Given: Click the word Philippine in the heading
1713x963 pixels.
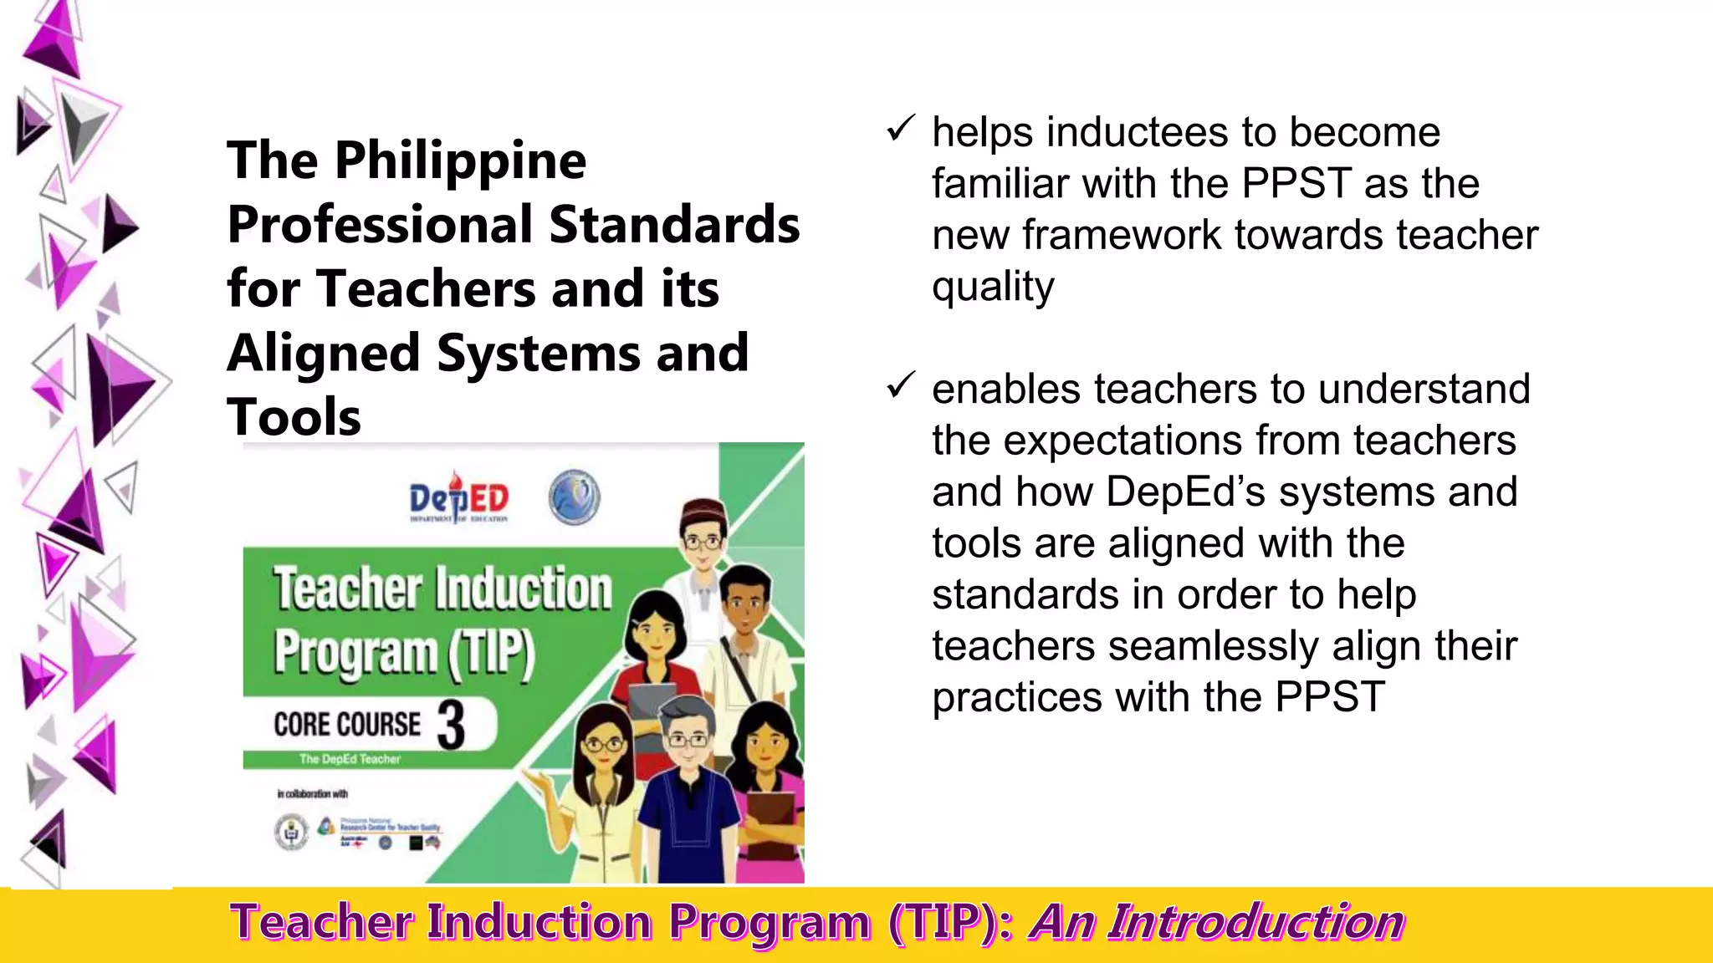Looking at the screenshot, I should (x=460, y=160).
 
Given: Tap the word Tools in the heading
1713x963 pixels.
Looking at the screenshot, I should (x=294, y=417).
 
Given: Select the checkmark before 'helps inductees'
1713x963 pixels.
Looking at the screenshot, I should (x=901, y=129).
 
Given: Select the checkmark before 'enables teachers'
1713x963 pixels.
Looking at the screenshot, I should (x=901, y=385).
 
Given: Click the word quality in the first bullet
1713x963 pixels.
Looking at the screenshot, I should (x=993, y=288).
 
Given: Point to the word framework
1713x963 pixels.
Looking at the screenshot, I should (x=1120, y=235).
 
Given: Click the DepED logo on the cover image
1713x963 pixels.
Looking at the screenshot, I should (x=458, y=500).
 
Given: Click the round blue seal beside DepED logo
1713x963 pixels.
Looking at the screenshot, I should (x=574, y=498).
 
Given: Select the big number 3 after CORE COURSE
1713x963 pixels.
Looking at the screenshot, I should (x=451, y=725).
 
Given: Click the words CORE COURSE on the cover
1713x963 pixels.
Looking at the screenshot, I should (x=347, y=725).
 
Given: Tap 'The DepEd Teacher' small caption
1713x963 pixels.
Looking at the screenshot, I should (x=350, y=759).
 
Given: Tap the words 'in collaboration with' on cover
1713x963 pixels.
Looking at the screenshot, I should (x=312, y=793).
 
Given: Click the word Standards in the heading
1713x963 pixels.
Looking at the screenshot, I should (x=674, y=225).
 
